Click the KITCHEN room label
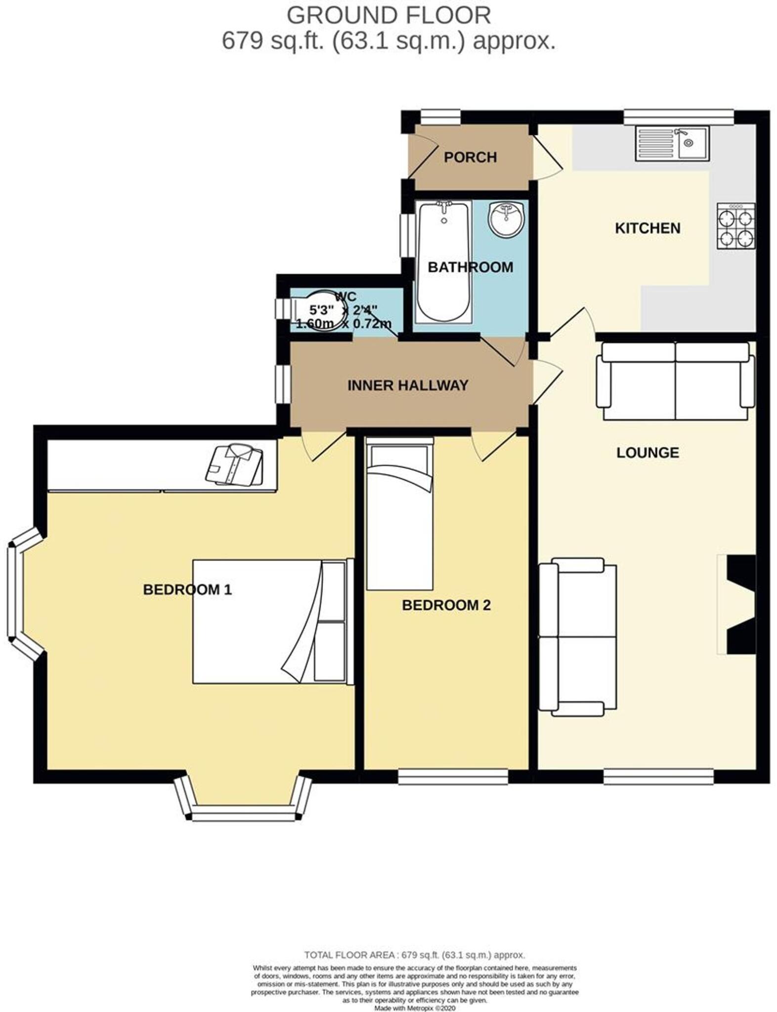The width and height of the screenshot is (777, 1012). click(647, 228)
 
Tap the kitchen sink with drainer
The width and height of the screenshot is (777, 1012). click(672, 143)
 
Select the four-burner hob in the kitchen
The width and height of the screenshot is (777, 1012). click(735, 226)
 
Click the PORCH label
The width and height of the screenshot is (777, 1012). click(470, 157)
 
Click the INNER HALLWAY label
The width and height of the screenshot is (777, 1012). click(408, 385)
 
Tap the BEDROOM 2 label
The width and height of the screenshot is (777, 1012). click(446, 605)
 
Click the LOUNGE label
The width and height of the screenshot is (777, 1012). click(647, 453)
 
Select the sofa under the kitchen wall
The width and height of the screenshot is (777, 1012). click(675, 375)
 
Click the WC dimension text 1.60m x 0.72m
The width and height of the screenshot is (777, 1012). click(344, 325)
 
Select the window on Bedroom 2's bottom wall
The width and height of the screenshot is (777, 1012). click(453, 777)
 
